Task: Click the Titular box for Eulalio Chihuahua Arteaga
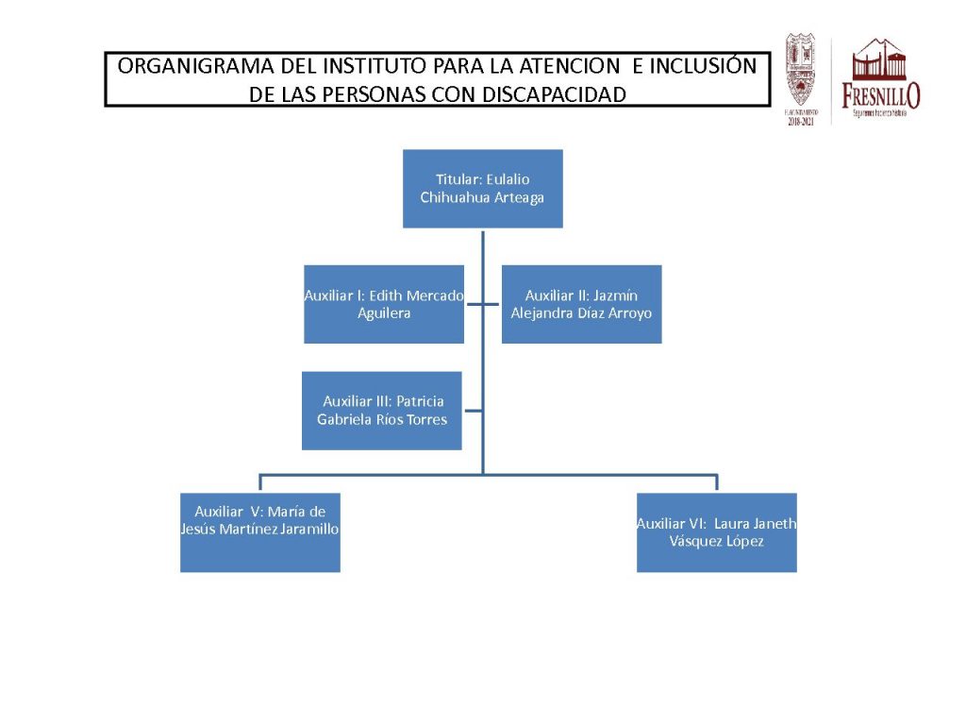(x=482, y=188)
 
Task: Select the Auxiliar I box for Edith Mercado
(x=384, y=304)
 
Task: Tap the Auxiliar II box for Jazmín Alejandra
(x=581, y=304)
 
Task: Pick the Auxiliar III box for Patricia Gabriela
(x=382, y=411)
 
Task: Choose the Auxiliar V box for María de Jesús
(x=259, y=532)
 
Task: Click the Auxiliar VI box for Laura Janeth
(x=716, y=532)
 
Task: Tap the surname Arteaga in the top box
(x=515, y=198)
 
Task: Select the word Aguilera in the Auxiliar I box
(x=384, y=313)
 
